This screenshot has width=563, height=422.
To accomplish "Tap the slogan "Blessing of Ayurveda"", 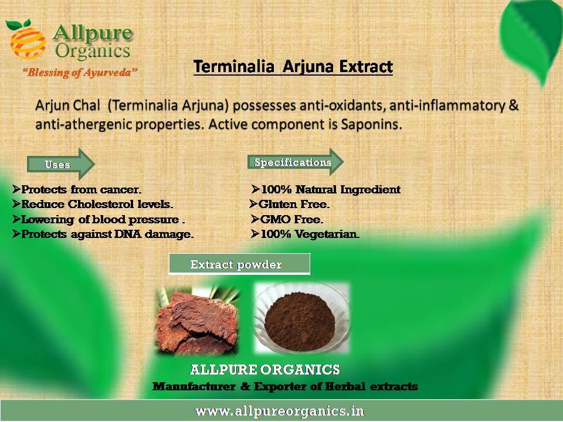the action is point(80,73).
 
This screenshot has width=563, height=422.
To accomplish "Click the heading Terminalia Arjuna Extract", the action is point(293,67).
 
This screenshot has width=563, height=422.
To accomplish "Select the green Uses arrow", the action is point(60,164).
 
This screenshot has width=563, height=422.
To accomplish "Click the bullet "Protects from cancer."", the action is point(77,189).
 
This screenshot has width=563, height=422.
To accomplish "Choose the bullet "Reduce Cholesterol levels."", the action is point(93,204).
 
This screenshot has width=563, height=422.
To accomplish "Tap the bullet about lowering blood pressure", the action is point(99,219).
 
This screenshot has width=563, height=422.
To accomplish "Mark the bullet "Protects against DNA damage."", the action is point(103,234).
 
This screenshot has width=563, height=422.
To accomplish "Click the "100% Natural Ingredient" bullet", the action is point(325,189).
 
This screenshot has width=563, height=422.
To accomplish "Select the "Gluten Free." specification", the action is point(289,204).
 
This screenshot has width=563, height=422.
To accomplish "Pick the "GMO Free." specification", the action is point(287,219).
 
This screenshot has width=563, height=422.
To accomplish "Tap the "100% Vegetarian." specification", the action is point(305,234).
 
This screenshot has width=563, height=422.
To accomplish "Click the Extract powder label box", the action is point(239,264).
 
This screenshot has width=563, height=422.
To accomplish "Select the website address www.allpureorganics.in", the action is point(280,411).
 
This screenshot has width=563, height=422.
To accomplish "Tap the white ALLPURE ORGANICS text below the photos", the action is point(264,370).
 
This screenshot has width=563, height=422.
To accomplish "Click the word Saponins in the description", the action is point(371,124).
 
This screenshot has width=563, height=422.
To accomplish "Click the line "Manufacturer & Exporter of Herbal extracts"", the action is point(285,386).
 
